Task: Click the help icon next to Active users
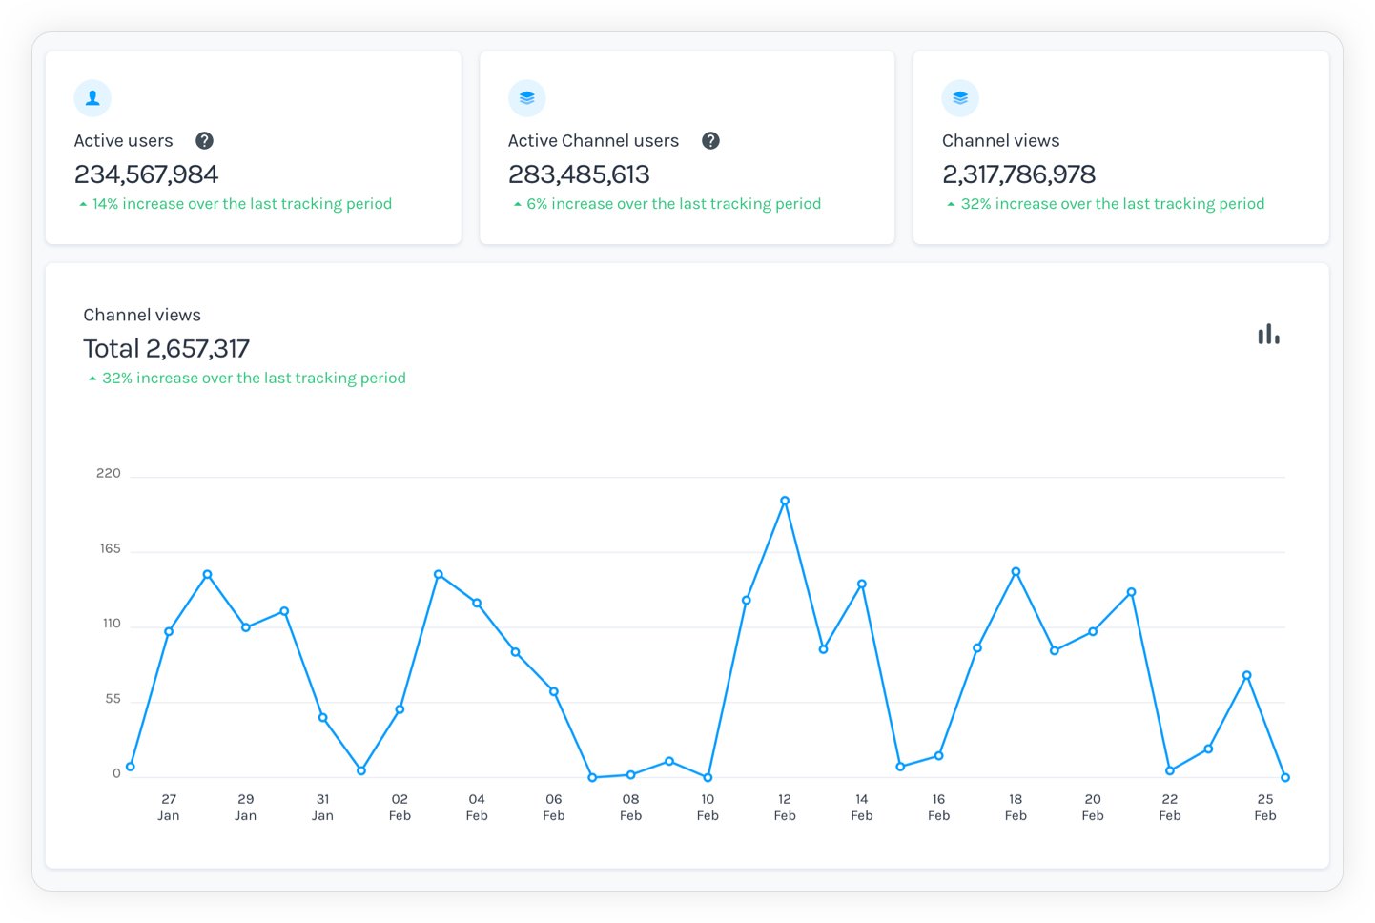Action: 204,141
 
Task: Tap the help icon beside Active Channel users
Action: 710,141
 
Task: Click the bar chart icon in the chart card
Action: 1268,335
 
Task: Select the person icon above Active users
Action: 92,98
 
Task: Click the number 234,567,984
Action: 147,174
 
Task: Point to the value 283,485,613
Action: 579,174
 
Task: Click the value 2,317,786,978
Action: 1018,174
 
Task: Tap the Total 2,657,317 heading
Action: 166,349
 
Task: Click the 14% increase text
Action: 241,204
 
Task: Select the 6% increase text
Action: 673,204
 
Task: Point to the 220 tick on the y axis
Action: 109,474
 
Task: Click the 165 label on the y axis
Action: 111,549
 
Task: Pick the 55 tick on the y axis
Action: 113,699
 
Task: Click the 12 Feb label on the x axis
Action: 785,807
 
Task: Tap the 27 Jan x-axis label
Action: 169,807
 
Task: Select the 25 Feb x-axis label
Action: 1265,807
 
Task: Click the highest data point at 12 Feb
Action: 785,501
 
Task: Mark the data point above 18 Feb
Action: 1016,572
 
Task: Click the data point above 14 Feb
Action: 862,584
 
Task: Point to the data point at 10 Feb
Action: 708,778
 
